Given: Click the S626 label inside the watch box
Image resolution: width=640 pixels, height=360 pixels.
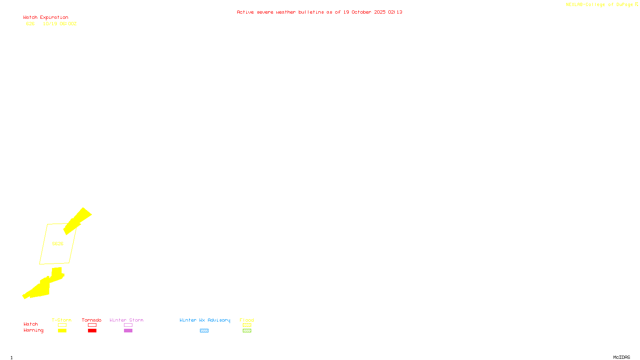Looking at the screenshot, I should pos(58,244).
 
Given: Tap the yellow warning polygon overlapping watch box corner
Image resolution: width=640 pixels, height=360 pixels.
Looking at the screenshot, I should pos(77,220).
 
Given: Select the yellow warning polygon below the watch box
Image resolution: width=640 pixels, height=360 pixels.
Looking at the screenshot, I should pos(43,287).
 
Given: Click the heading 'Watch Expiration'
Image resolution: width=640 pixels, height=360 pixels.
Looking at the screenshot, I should pos(46,18).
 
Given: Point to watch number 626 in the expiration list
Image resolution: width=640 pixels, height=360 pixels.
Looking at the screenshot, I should pos(30,24).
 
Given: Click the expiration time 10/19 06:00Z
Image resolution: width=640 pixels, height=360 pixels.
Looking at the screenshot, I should pos(60,24).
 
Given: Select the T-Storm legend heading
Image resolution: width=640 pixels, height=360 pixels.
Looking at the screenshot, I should pos(62,320).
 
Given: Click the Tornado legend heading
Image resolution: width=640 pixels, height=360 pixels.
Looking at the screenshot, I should pos(92,320).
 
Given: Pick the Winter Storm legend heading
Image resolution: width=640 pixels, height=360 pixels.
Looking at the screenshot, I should pos(126,320).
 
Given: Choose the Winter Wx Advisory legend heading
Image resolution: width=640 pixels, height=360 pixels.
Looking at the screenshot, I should pos(205,320).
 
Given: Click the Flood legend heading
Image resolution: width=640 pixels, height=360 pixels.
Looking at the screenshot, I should pos(247,320).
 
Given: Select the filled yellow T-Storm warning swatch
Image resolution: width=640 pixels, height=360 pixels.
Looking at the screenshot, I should pos(62,331).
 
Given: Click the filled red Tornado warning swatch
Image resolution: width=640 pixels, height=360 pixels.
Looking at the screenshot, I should pos(92,331).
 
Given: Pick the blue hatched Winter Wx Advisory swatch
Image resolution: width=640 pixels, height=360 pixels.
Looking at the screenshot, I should pos(204,331).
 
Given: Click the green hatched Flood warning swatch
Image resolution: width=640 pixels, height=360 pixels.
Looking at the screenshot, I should pos(247,331).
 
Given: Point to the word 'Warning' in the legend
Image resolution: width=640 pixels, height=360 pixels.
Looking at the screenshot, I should pos(33,330).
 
